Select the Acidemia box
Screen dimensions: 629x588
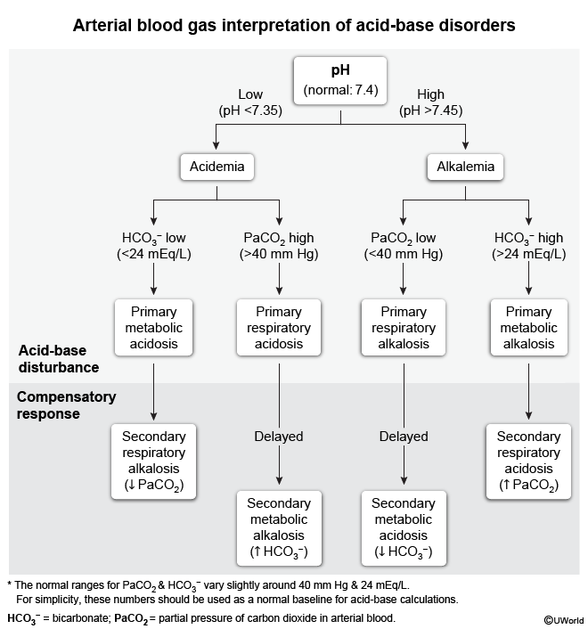tap(216, 167)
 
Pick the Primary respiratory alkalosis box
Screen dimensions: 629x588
tap(404, 329)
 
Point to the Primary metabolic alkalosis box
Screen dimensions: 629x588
tap(528, 329)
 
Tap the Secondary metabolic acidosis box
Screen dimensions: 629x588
tap(404, 526)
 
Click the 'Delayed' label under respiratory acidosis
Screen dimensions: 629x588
tap(279, 437)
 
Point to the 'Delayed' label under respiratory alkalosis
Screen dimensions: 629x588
tap(404, 437)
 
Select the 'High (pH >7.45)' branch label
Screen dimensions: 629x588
tap(430, 102)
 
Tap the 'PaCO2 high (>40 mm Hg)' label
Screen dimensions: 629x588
tap(279, 247)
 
